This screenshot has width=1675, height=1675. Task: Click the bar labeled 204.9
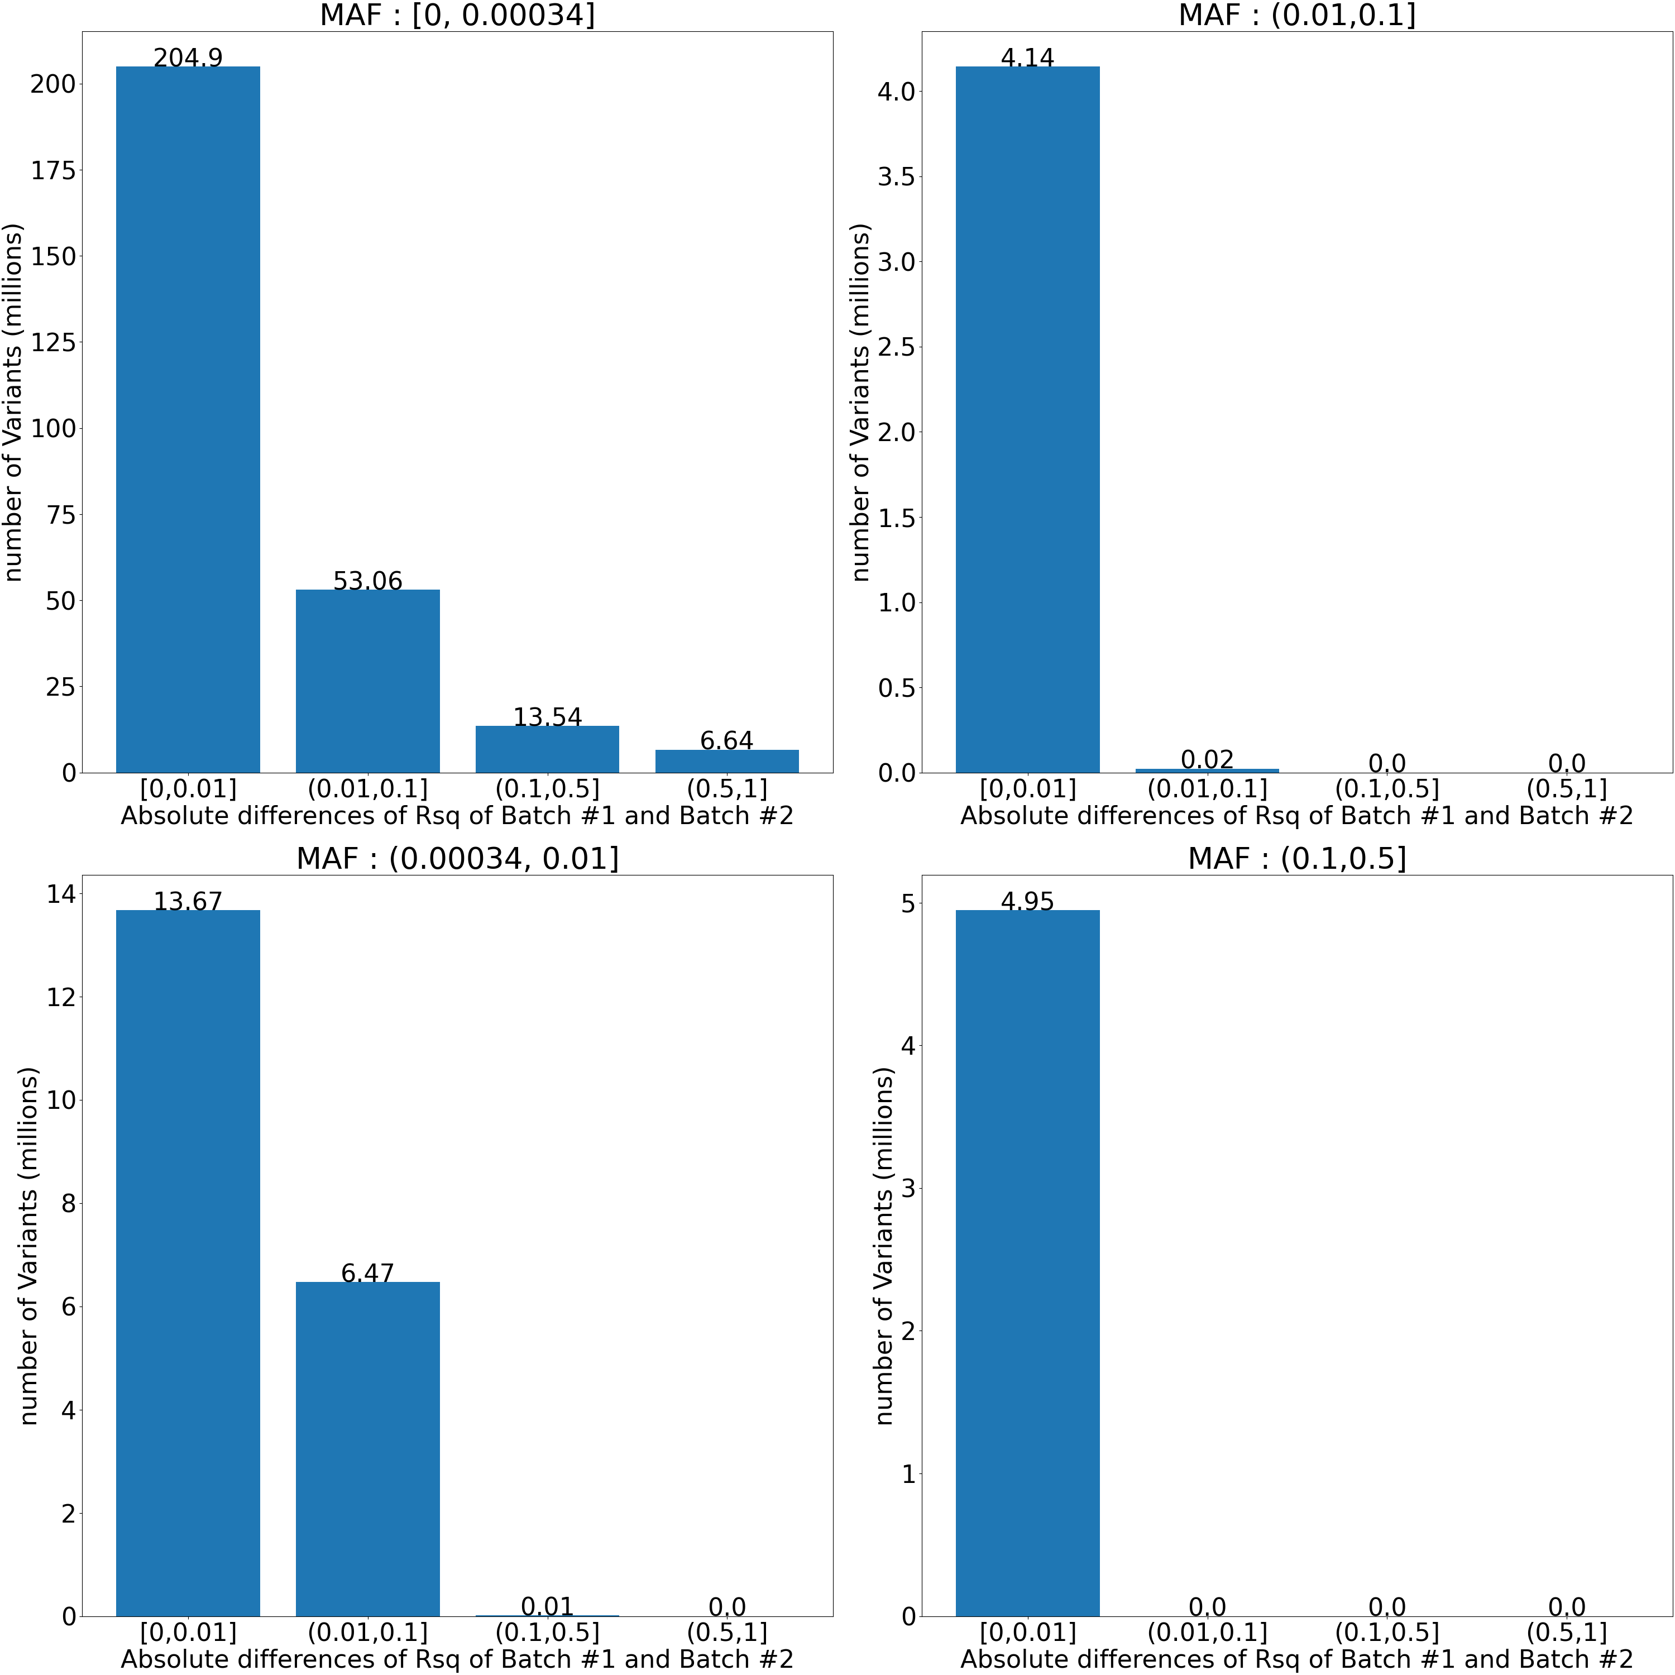click(188, 420)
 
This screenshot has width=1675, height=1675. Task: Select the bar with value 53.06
click(367, 681)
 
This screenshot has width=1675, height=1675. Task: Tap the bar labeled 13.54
click(547, 749)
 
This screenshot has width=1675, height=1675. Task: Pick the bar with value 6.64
click(726, 761)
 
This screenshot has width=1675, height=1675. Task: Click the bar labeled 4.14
click(1027, 420)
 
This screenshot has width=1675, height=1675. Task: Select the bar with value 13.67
click(188, 1263)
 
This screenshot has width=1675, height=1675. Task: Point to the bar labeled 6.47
click(367, 1449)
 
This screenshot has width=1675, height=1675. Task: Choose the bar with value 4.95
click(1027, 1263)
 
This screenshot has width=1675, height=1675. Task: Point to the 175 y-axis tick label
click(53, 171)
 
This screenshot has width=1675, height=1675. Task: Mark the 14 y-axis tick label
click(61, 894)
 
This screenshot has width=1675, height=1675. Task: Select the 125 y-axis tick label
click(53, 342)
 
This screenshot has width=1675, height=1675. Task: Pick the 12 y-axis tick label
click(61, 998)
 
